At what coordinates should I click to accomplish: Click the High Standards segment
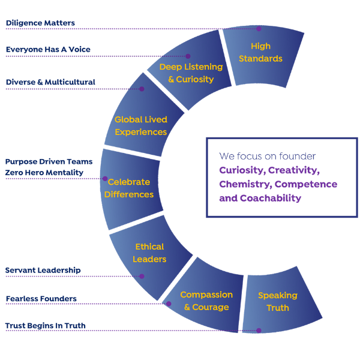coord(260,53)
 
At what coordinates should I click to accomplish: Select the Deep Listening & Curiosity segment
coord(191,73)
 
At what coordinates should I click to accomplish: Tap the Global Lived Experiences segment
coord(141,126)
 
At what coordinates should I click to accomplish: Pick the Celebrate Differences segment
coord(129,188)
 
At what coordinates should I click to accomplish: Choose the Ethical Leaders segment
coord(149,253)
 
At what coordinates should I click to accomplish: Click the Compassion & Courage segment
coord(206,301)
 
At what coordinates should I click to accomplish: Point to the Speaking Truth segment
coord(277,301)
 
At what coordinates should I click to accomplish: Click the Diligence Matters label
coord(40,23)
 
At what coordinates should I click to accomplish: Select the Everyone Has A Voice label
coord(48,50)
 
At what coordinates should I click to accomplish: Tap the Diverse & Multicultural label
coord(50,82)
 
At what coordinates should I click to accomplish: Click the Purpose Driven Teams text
coord(49,161)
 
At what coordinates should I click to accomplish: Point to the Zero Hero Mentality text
coord(44,173)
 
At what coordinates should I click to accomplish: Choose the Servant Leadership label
coord(43,271)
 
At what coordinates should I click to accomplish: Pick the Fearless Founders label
coord(41,298)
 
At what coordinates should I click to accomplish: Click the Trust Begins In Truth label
coord(46,326)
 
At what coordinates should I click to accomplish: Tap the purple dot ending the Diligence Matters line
coord(259,28)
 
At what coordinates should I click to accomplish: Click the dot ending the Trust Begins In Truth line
coord(259,330)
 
